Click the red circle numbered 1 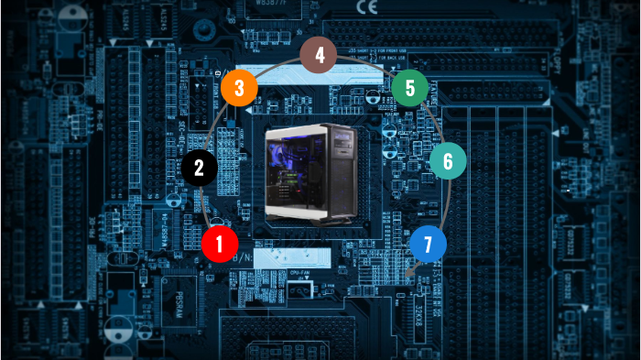pyautogui.click(x=220, y=245)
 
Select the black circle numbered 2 pyautogui.click(x=199, y=167)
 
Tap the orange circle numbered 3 pyautogui.click(x=238, y=89)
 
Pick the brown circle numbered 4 pyautogui.click(x=319, y=55)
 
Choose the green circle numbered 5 pyautogui.click(x=409, y=88)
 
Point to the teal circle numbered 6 pyautogui.click(x=448, y=161)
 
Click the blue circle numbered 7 pyautogui.click(x=428, y=245)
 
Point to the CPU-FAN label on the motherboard pyautogui.click(x=302, y=273)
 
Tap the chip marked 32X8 pyautogui.click(x=423, y=316)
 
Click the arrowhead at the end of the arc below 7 pyautogui.click(x=410, y=271)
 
